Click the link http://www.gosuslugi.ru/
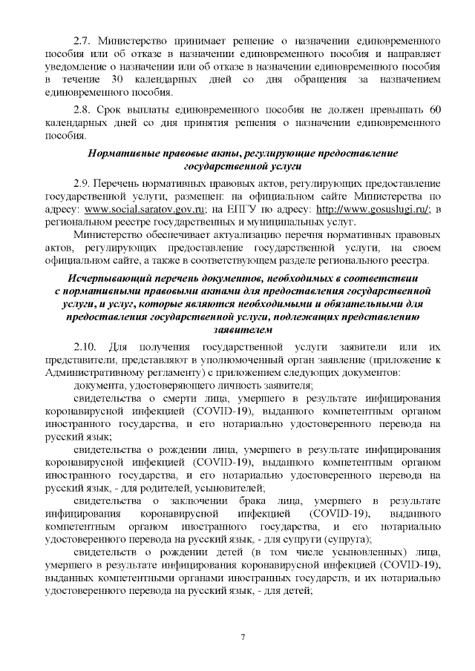point(368,209)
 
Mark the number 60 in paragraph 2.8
point(436,110)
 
